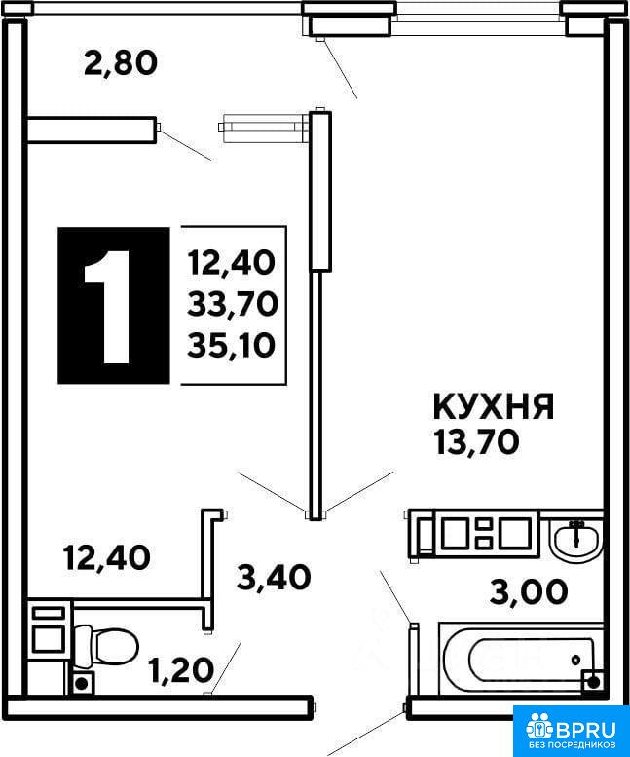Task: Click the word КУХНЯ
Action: (494, 406)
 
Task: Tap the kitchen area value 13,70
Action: (476, 442)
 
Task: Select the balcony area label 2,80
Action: (121, 63)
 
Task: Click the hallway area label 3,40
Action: (274, 578)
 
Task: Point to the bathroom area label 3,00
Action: (529, 592)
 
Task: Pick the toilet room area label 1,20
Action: (181, 670)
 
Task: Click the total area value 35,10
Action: (232, 345)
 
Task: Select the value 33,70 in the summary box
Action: (233, 304)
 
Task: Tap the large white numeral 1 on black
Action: (107, 307)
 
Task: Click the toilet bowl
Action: (106, 646)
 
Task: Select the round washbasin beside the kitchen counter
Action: (576, 540)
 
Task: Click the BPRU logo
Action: (572, 728)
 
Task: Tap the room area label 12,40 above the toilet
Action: (106, 557)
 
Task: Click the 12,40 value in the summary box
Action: (232, 263)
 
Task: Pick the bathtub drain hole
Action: (575, 659)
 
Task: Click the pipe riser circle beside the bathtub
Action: (593, 682)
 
